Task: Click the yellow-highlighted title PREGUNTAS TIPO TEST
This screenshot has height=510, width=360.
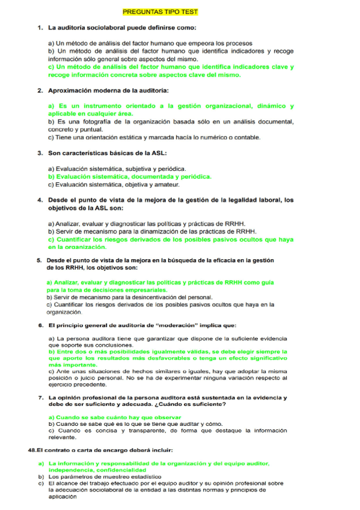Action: click(160, 12)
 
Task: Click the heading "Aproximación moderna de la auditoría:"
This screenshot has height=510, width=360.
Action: click(108, 91)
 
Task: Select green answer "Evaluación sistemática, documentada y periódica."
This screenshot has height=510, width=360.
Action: click(129, 177)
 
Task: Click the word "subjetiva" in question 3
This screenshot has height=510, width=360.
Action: click(138, 169)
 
